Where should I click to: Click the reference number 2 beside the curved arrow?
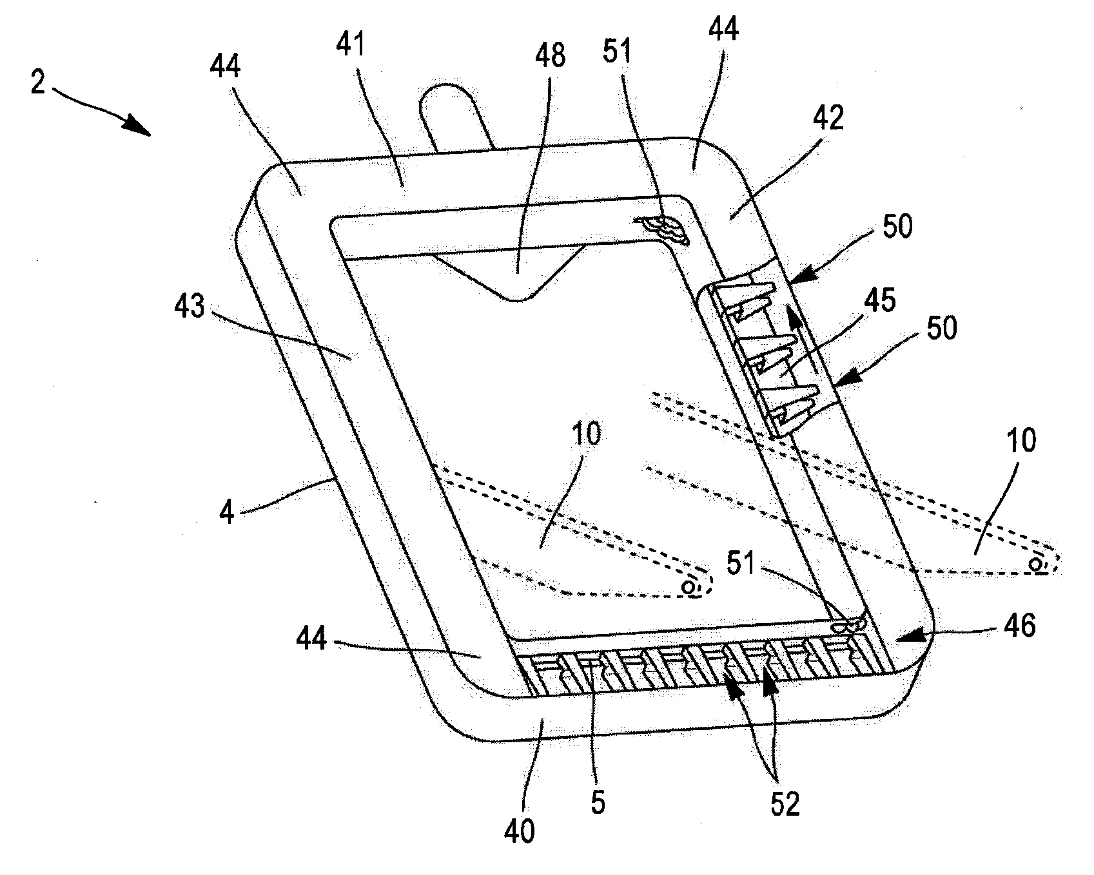click(39, 84)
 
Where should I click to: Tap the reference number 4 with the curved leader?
click(226, 515)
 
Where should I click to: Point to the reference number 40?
click(520, 832)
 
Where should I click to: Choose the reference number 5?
click(598, 803)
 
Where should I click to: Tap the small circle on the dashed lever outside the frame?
click(1035, 564)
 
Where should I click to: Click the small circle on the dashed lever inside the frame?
click(689, 586)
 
